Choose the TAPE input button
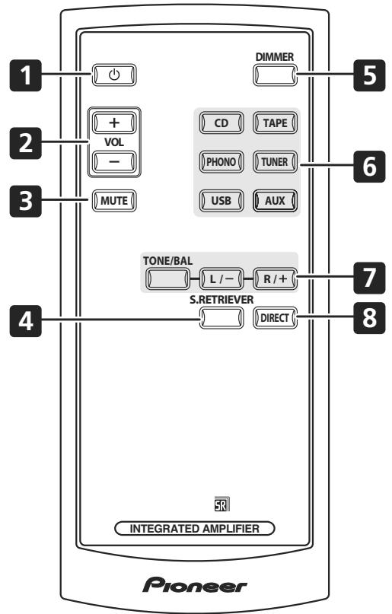[x=276, y=122]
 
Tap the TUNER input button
[x=276, y=161]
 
